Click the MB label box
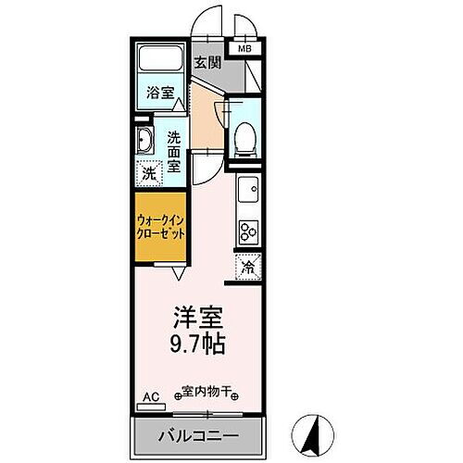(x=245, y=48)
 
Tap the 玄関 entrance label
(x=206, y=63)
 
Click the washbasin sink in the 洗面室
(x=146, y=142)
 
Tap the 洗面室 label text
(x=175, y=152)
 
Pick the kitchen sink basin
(x=248, y=193)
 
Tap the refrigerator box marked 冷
(x=247, y=267)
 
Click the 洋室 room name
(x=197, y=318)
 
